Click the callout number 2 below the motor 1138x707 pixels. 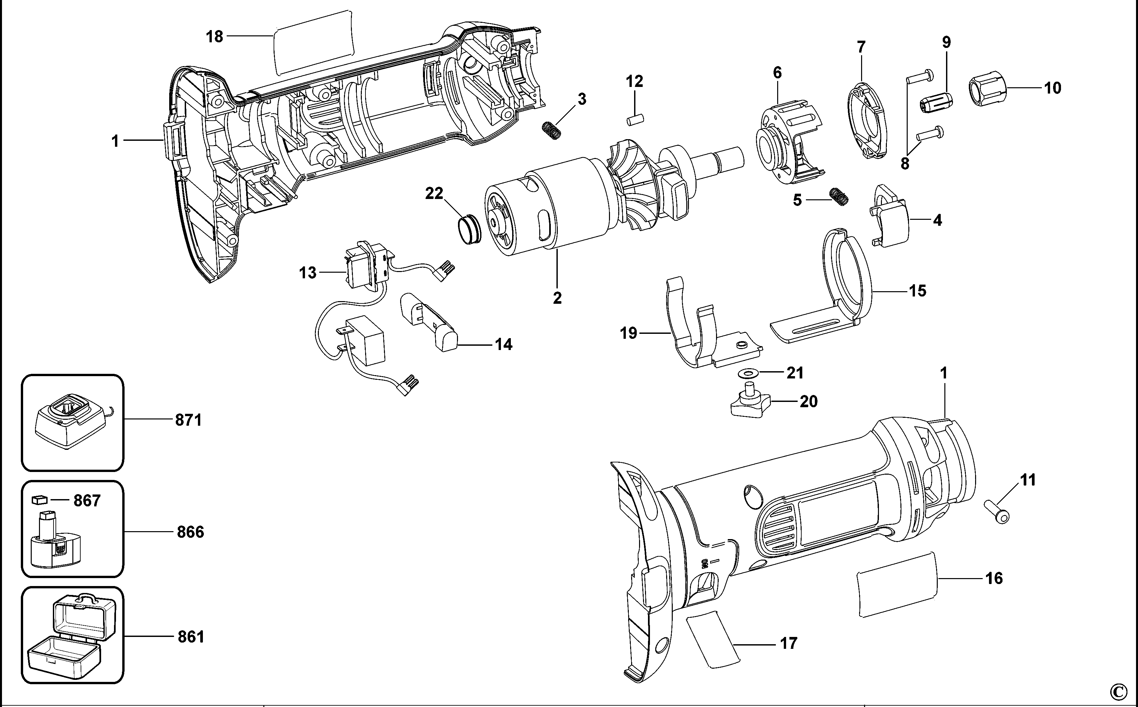557,298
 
